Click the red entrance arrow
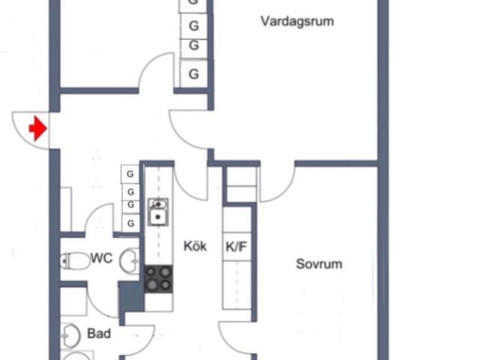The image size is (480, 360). (x=37, y=128)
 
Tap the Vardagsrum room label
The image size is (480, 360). (x=297, y=21)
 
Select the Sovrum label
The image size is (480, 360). (x=319, y=264)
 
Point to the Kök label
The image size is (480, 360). (x=195, y=245)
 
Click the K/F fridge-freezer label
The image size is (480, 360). (x=237, y=245)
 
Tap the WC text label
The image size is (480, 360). (x=101, y=258)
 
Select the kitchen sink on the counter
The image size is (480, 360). (x=158, y=212)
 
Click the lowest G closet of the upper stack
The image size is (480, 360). (x=193, y=73)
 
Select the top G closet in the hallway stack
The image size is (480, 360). (x=130, y=174)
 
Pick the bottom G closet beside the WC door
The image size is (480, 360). (x=130, y=223)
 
